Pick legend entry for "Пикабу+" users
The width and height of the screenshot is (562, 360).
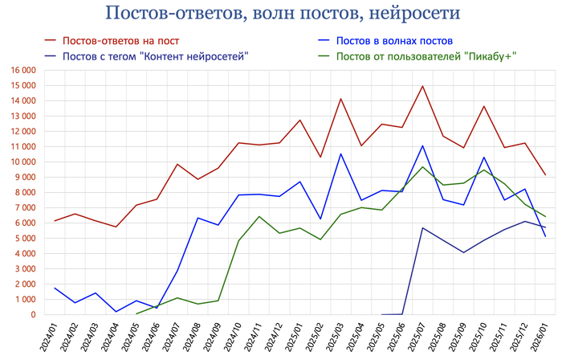(426, 55)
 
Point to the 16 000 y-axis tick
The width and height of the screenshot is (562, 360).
(22, 71)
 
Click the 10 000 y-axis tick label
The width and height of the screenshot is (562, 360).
(22, 162)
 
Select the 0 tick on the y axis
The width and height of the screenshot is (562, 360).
(33, 315)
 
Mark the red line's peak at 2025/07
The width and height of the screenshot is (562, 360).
(422, 86)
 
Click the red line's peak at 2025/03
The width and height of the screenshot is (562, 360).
(340, 99)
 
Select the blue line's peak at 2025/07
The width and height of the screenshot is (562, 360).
(422, 145)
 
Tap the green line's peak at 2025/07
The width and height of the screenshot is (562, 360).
(422, 166)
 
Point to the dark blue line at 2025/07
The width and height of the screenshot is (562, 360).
(422, 227)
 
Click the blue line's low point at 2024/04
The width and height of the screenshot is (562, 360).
(116, 312)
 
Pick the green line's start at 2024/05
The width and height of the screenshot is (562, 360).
(136, 313)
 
